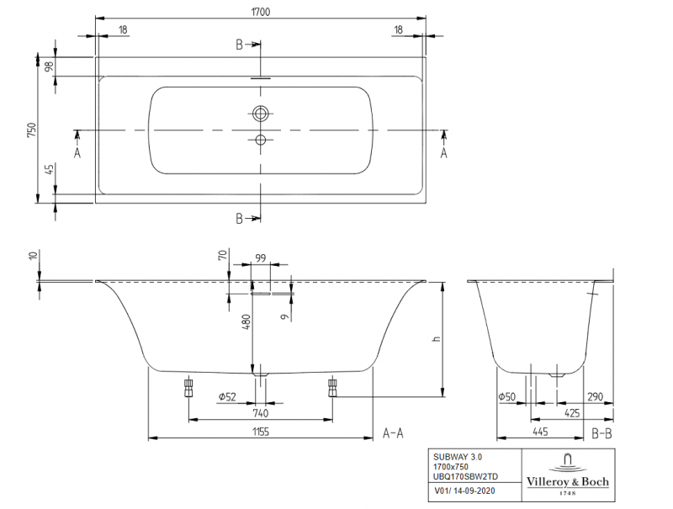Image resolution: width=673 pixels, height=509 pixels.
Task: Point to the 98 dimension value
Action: (50, 66)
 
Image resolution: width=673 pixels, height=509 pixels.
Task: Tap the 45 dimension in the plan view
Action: (50, 171)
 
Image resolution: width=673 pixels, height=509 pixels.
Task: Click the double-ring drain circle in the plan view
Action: (261, 112)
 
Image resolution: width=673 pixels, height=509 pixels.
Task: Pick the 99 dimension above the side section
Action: (260, 257)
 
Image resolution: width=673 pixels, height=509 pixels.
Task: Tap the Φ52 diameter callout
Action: (226, 396)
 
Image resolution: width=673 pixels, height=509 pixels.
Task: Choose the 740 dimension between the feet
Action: (260, 412)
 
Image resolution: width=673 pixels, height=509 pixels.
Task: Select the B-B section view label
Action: (601, 432)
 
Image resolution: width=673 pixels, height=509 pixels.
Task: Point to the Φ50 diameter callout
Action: (506, 396)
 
